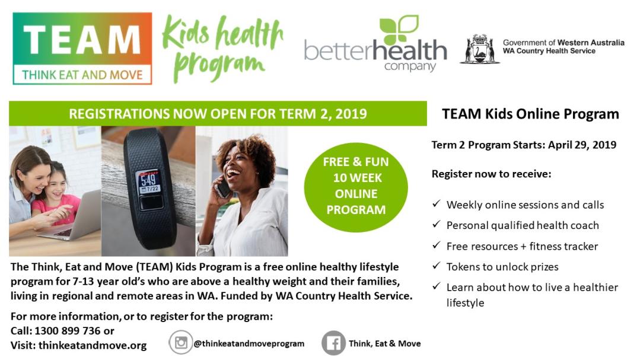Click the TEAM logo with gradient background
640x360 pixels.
tap(82, 49)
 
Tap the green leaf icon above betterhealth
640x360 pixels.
tap(399, 30)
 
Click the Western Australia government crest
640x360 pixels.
tap(480, 49)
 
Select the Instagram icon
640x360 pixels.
tap(181, 342)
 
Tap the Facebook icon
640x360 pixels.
tap(333, 343)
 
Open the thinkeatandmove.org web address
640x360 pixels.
tap(93, 345)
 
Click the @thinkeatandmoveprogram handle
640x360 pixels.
tap(249, 343)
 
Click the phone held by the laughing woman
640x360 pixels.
tap(223, 189)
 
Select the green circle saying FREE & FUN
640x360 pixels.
tap(356, 187)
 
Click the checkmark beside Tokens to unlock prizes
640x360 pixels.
tap(437, 265)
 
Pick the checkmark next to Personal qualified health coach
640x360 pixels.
tap(437, 224)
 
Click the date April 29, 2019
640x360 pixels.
tap(582, 145)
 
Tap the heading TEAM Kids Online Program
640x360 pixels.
tap(530, 114)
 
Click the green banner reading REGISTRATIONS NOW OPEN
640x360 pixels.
tap(218, 113)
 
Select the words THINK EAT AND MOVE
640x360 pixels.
tap(82, 75)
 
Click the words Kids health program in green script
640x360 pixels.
tap(222, 48)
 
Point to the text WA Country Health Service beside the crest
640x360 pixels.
tap(549, 51)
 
